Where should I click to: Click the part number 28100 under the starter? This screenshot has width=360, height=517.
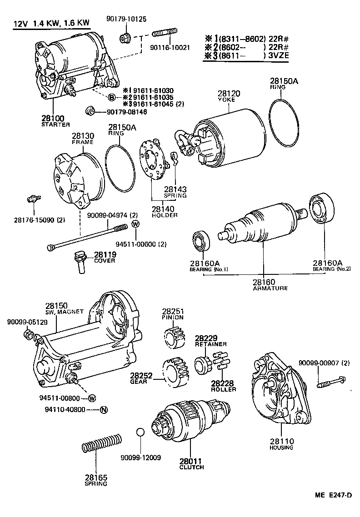tap(53, 119)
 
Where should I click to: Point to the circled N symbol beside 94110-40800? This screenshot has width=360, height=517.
tap(104, 410)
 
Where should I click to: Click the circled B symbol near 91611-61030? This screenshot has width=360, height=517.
tap(111, 97)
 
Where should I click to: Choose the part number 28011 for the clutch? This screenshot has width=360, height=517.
tap(191, 461)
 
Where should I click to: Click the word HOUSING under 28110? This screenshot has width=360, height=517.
tap(281, 447)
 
